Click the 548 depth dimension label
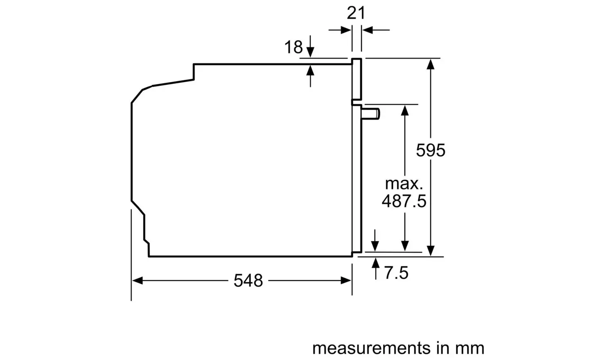248,281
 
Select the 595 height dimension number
431,151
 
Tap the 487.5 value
404,201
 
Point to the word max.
404,184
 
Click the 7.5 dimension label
396,273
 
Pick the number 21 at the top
356,13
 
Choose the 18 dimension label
293,47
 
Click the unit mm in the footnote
470,348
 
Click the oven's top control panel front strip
357,80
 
